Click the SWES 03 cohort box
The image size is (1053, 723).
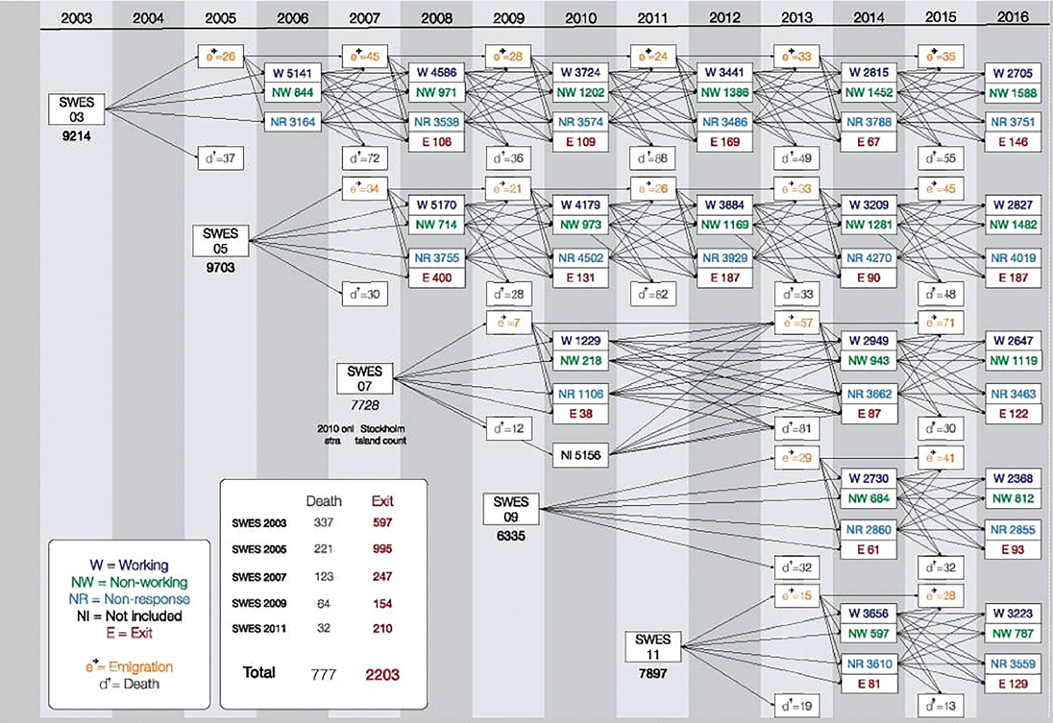tap(77, 109)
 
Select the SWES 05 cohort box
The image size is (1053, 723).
tap(221, 241)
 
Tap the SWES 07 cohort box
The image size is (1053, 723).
tap(364, 378)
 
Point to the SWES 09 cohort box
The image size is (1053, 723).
tap(511, 509)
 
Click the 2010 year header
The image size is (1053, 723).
tap(580, 18)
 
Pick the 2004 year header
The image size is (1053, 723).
tap(148, 18)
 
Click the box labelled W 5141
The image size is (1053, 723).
tap(292, 73)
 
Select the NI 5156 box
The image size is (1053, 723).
tap(580, 455)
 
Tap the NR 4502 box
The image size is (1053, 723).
tap(580, 258)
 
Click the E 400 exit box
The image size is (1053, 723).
tap(437, 277)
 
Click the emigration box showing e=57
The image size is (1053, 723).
tap(797, 323)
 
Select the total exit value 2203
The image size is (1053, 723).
tap(382, 675)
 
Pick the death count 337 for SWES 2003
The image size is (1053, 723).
tap(323, 522)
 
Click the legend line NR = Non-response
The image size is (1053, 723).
tap(129, 599)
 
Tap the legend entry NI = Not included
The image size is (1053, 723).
tap(129, 616)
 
